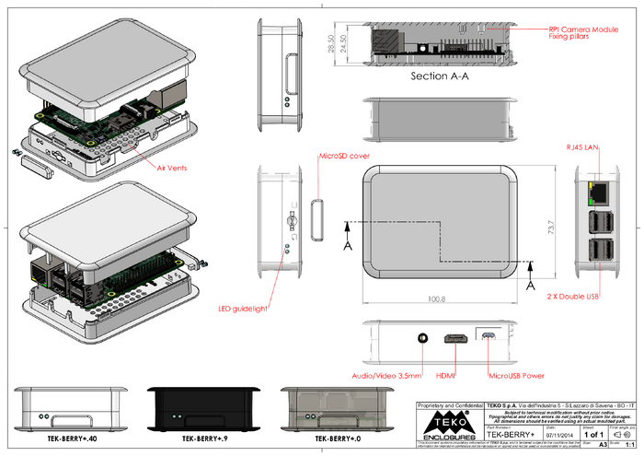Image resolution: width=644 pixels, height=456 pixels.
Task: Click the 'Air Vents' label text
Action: point(172,169)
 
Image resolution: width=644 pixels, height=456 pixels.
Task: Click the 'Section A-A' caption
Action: point(441,76)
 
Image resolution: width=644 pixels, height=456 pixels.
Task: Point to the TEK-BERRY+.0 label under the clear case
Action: point(337,439)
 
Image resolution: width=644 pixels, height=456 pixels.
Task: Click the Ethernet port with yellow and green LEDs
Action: point(596,192)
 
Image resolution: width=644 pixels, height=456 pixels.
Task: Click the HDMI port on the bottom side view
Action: point(454,340)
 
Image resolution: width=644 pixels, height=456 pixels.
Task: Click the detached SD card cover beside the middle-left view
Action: point(320,217)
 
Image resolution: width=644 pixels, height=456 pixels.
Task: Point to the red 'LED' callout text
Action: point(226,309)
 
